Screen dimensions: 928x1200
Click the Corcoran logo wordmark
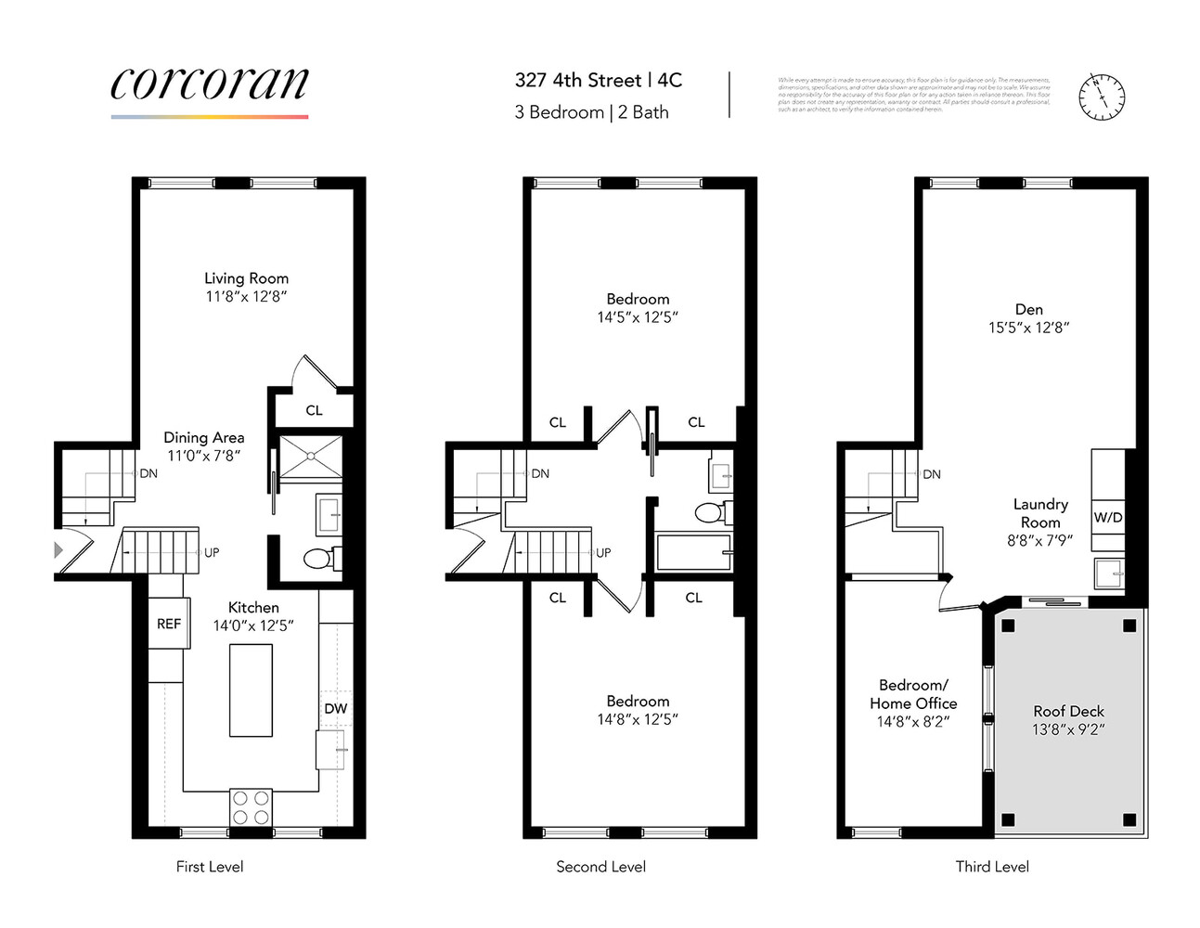[210, 84]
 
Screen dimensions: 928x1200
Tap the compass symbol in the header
[1101, 96]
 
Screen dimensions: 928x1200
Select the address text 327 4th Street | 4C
[599, 81]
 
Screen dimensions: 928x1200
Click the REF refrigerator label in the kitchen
[168, 625]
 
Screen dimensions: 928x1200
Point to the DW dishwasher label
[335, 708]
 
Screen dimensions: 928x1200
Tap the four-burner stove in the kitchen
[251, 806]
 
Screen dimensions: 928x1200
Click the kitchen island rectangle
[251, 690]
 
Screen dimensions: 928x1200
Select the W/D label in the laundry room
[1107, 518]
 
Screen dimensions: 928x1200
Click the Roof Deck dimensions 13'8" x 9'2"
[1068, 729]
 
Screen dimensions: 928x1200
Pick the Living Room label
[246, 278]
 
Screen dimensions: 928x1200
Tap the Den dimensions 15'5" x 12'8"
[1028, 328]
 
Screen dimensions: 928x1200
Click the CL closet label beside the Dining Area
[314, 410]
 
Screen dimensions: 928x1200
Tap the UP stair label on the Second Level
[603, 553]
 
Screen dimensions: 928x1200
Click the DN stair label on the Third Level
[932, 474]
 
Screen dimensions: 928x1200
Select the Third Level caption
[992, 867]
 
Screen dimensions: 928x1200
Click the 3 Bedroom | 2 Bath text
[591, 112]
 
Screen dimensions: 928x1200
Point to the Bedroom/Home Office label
[913, 694]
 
